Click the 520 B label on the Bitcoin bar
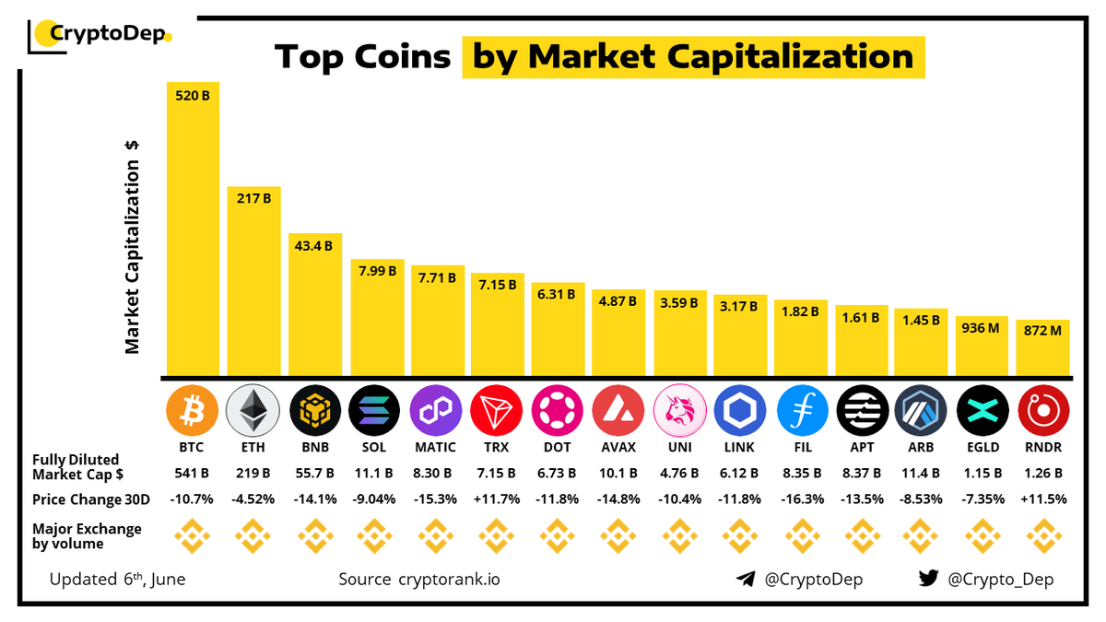[192, 94]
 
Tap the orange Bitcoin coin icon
[192, 411]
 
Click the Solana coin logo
[375, 411]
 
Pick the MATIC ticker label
[436, 448]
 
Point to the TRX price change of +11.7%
[497, 499]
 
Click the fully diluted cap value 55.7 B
[314, 474]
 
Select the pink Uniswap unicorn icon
[678, 411]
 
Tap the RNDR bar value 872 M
[1042, 331]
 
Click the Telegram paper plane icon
[745, 580]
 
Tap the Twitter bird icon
[929, 580]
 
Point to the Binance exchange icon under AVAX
[618, 534]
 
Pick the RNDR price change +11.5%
[1042, 499]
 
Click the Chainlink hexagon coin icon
[740, 411]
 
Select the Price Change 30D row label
[88, 499]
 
